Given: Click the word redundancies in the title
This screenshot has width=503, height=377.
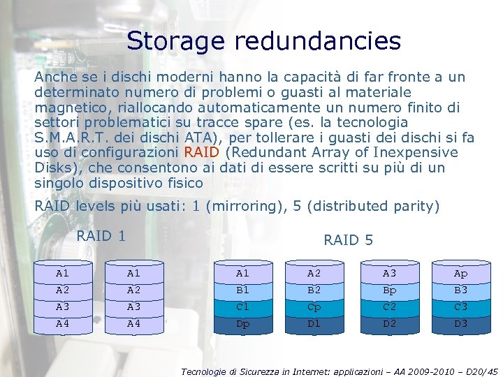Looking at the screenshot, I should click(x=318, y=40).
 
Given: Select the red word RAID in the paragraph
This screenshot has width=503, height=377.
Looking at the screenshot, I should click(x=202, y=153).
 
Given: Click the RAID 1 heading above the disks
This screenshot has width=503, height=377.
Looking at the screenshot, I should click(x=101, y=236).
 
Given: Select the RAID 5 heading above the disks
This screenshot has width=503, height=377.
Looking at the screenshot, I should click(x=348, y=240).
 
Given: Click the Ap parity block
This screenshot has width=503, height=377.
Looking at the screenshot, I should click(x=461, y=273).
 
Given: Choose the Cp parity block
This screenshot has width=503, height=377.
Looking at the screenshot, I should click(x=314, y=306).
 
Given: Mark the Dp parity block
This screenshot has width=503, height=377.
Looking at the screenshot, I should click(x=243, y=323).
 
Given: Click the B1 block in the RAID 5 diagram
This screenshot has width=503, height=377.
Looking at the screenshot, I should click(x=243, y=290).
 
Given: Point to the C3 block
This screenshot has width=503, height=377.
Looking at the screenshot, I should click(x=461, y=306).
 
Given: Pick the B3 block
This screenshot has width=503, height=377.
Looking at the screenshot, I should click(x=461, y=290).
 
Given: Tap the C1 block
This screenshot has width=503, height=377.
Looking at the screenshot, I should click(x=243, y=306).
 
